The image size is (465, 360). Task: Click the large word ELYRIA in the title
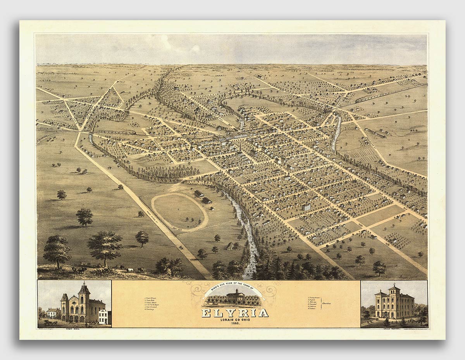[x=234, y=313]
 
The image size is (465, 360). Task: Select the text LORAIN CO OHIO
[x=234, y=319]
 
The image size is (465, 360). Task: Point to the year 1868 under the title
[x=235, y=323]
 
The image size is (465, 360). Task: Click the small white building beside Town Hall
[x=104, y=317]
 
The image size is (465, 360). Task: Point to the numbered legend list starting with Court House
[x=152, y=304]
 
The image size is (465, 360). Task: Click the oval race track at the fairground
[x=179, y=212]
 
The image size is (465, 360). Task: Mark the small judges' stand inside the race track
[x=199, y=222]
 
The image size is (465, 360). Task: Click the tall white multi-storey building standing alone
[x=307, y=207]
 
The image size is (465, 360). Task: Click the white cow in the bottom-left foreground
[x=130, y=269]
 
